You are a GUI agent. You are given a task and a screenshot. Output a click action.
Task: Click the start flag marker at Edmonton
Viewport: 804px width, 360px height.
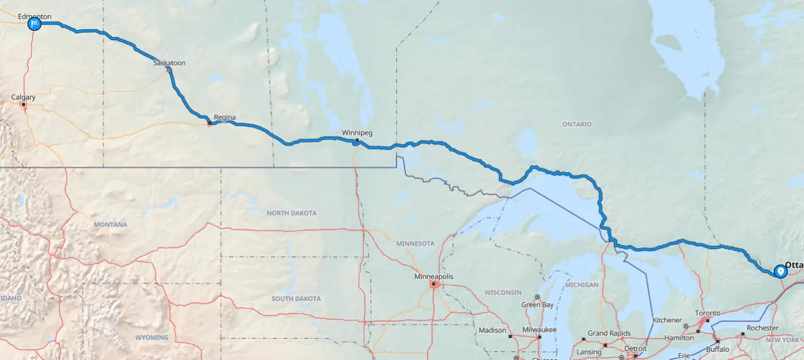(35, 24)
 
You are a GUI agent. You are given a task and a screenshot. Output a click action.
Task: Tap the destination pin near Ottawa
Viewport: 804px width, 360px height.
(780, 271)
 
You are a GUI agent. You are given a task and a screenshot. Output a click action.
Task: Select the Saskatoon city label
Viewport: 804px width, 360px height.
(170, 63)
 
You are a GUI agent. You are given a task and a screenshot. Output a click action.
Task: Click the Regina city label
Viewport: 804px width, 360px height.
(224, 117)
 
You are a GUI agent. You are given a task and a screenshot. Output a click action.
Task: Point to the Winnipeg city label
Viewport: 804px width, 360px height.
(357, 133)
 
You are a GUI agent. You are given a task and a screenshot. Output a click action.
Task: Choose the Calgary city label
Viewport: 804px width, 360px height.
(23, 97)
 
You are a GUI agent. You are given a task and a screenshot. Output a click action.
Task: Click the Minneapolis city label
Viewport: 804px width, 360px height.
(433, 276)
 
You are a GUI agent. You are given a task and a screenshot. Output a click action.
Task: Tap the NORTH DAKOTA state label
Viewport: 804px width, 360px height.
(291, 213)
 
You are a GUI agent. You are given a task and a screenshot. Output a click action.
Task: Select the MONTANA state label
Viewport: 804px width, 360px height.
(111, 224)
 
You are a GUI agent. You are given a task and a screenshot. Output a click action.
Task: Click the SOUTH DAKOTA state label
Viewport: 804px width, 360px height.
(296, 298)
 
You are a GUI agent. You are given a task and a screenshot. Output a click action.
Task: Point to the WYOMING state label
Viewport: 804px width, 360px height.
(152, 337)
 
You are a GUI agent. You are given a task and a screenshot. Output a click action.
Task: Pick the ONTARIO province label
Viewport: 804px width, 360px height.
(577, 124)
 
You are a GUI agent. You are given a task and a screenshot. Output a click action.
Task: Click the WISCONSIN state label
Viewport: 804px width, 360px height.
(503, 292)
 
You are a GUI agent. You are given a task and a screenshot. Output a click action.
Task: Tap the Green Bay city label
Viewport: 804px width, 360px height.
(538, 305)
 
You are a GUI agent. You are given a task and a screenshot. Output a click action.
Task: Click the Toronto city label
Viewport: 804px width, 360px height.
(707, 313)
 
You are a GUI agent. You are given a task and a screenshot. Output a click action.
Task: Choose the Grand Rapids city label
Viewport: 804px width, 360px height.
(609, 333)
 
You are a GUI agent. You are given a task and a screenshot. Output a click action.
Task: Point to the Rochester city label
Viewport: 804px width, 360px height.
(763, 328)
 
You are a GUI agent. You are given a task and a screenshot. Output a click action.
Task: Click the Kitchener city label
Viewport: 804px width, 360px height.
(667, 320)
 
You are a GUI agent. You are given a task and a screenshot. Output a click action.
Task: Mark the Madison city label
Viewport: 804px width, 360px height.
(492, 330)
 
